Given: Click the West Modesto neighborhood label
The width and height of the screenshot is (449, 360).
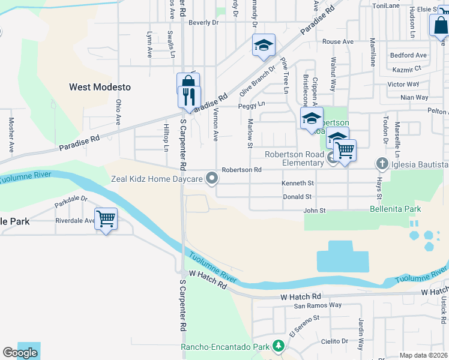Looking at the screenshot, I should tap(100, 87).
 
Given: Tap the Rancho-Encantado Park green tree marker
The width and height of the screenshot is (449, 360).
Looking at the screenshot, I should tap(278, 346).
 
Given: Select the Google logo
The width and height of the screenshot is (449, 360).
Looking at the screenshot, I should tap(20, 353).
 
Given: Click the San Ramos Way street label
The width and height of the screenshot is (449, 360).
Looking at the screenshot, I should tap(318, 305).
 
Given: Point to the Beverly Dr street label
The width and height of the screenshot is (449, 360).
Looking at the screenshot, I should tap(203, 22).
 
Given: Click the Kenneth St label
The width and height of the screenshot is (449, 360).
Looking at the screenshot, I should tap(298, 183).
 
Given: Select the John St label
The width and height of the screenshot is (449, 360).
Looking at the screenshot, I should tap(314, 211).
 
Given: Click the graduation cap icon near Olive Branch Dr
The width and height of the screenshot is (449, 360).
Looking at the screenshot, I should tap(264, 45).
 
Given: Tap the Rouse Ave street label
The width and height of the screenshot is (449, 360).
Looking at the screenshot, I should tap(338, 41).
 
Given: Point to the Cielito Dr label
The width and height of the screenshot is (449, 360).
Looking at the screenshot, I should tap(335, 341).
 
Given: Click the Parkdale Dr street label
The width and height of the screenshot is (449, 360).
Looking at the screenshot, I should tap(71, 199).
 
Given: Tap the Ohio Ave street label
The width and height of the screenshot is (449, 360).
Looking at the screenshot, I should tap(119, 112).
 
